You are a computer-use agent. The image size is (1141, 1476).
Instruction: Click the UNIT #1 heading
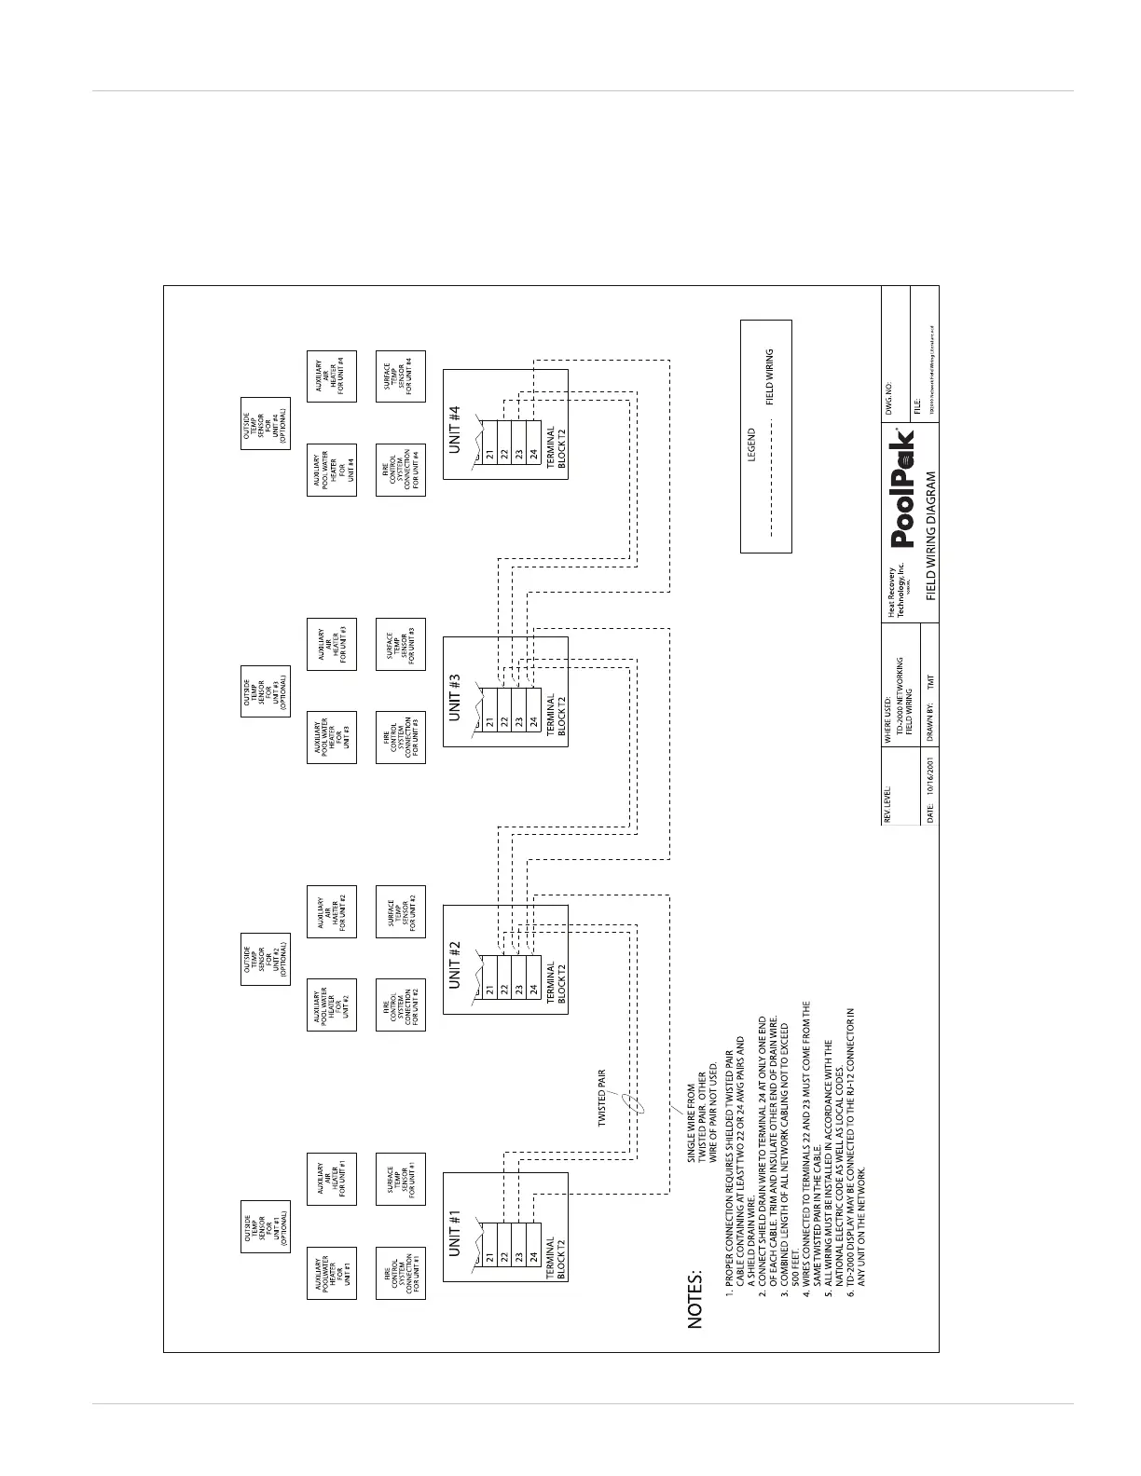point(456,1235)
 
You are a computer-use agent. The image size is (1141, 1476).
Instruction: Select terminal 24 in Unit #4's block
point(533,456)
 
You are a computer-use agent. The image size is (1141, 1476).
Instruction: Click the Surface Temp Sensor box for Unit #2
point(401,910)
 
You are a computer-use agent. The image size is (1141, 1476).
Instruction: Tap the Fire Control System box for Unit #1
point(401,1273)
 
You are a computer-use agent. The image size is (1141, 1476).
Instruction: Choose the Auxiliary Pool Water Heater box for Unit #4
point(332,470)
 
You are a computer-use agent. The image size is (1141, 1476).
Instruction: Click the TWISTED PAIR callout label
point(602,1099)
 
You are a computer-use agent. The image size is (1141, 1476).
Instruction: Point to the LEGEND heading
point(751,444)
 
